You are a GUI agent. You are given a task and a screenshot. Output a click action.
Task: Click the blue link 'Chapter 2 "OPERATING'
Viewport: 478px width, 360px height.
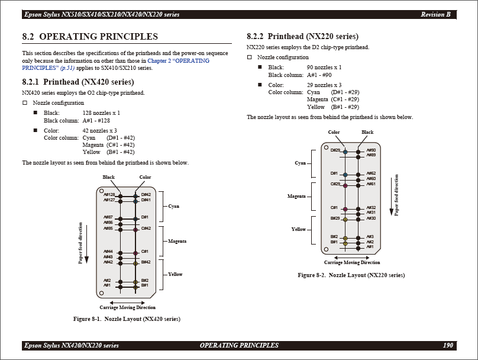pyautogui.click(x=178, y=61)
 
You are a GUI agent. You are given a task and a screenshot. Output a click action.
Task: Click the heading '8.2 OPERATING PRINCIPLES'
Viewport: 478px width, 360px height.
pyautogui.click(x=90, y=37)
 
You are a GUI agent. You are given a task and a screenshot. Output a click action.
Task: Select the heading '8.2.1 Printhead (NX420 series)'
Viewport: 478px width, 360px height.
pyautogui.click(x=78, y=82)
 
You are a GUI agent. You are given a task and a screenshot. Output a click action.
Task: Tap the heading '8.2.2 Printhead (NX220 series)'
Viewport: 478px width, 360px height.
pyautogui.click(x=302, y=37)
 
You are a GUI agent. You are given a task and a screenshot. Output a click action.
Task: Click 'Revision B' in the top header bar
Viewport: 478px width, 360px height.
pyautogui.click(x=435, y=14)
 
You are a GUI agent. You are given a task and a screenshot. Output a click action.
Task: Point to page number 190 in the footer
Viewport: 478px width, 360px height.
pyautogui.click(x=448, y=345)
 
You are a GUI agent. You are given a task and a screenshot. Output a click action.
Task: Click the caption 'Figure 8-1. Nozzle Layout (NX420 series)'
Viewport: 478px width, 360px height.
pyautogui.click(x=127, y=319)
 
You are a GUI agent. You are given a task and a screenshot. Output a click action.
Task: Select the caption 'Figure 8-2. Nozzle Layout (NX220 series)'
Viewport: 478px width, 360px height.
pyautogui.click(x=351, y=275)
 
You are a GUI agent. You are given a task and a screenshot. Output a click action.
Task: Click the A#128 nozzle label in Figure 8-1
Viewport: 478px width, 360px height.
pyautogui.click(x=109, y=195)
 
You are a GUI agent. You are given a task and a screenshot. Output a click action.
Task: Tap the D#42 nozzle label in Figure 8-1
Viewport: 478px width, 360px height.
pyautogui.click(x=146, y=195)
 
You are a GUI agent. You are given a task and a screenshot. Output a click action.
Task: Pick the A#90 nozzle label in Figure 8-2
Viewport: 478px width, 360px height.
pyautogui.click(x=371, y=150)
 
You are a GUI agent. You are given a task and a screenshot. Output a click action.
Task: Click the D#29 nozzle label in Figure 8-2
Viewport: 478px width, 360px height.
pyautogui.click(x=335, y=150)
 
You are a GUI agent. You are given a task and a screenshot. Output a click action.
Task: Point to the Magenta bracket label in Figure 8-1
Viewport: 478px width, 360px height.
pyautogui.click(x=177, y=241)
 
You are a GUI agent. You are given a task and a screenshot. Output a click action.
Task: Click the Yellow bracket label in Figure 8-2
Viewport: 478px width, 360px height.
pyautogui.click(x=298, y=229)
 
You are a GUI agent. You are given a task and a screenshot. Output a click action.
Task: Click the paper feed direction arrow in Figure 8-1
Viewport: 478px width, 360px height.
pyautogui.click(x=86, y=244)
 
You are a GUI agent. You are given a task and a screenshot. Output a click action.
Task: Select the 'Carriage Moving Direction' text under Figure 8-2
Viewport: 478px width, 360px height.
pyautogui.click(x=352, y=262)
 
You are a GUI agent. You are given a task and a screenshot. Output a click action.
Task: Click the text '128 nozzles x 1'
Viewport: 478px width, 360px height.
pyautogui.click(x=101, y=113)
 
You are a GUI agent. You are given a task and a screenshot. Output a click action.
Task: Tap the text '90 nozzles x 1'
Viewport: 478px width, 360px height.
pyautogui.click(x=324, y=67)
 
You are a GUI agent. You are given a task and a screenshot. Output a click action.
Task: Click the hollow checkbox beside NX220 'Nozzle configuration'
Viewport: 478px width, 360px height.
pyautogui.click(x=250, y=57)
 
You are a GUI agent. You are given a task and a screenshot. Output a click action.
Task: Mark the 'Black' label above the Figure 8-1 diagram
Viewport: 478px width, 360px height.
pyautogui.click(x=108, y=177)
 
